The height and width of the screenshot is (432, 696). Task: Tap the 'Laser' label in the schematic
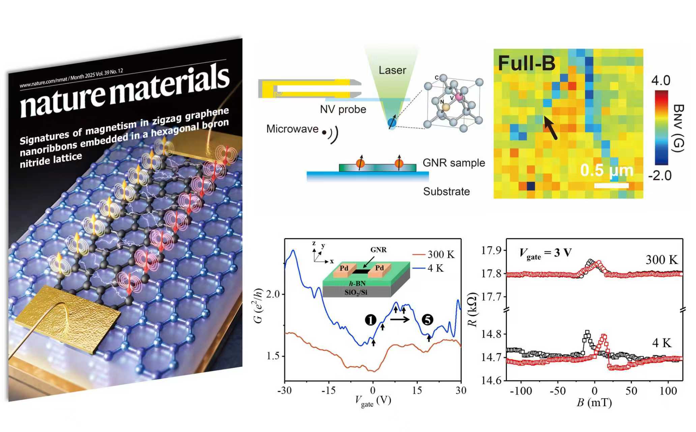[392, 70]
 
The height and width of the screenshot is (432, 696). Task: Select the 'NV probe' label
[343, 109]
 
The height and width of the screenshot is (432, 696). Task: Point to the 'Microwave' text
[292, 129]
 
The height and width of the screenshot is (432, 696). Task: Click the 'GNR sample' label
[454, 163]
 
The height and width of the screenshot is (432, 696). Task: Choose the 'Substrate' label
[446, 191]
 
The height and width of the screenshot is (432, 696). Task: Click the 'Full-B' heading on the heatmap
[526, 63]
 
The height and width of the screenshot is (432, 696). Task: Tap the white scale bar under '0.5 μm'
[611, 185]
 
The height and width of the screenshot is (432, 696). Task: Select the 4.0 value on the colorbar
[661, 81]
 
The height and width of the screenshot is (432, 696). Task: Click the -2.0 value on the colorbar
[660, 176]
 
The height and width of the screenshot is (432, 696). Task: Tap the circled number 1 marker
[370, 320]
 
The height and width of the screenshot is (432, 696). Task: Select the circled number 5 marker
[427, 320]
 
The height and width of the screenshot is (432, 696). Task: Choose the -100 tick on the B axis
[521, 391]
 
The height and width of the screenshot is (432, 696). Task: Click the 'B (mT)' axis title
[594, 403]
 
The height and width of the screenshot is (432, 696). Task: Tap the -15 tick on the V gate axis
[328, 390]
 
